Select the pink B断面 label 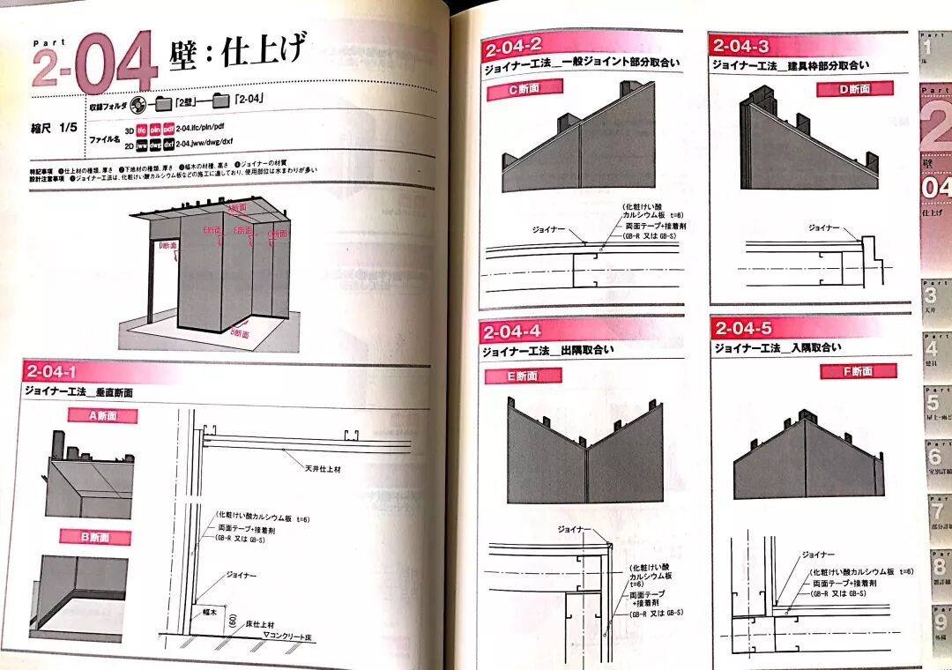tap(95, 537)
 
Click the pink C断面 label tap(524, 88)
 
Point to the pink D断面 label tap(854, 88)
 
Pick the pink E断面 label tap(523, 376)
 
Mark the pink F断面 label tap(858, 371)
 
